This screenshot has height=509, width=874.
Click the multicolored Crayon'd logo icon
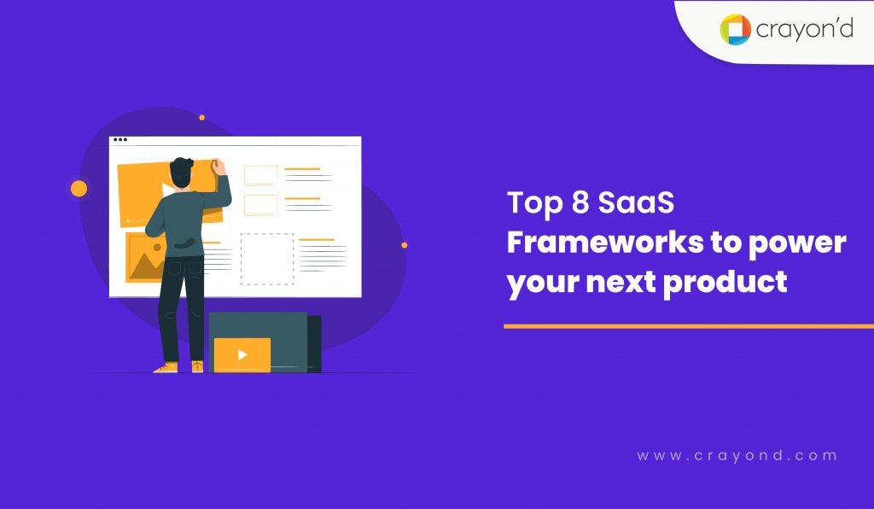[x=735, y=30]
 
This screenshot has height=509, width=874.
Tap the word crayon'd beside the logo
[x=803, y=31]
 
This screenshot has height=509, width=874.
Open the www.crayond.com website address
[x=737, y=456]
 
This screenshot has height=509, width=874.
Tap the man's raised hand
[x=218, y=165]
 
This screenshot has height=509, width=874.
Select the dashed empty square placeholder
[x=266, y=259]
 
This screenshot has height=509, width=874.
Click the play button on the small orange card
[x=242, y=354]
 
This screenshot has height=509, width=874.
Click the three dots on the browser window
[x=120, y=140]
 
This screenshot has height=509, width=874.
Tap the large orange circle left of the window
[x=79, y=189]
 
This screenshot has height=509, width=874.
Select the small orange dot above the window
[x=201, y=117]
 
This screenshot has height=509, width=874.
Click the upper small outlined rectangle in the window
[x=260, y=175]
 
